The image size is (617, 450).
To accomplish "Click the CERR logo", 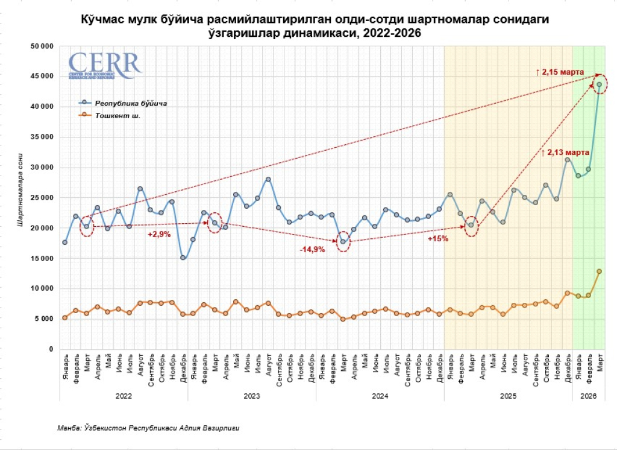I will point(104,65).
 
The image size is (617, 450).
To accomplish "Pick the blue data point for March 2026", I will point(600,84).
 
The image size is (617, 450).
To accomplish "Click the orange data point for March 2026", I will point(600,271).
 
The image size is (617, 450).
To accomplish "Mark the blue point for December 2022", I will point(183,258).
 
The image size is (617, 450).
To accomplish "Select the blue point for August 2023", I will point(268,179).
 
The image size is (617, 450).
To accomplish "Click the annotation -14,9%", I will point(314,249).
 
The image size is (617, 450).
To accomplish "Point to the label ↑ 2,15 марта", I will point(560,72).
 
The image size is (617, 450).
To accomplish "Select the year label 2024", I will point(380,396).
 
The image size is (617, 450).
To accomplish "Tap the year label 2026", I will point(589,396).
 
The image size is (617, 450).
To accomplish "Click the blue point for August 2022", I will point(140,189).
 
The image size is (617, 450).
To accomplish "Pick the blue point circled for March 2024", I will point(343,242).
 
